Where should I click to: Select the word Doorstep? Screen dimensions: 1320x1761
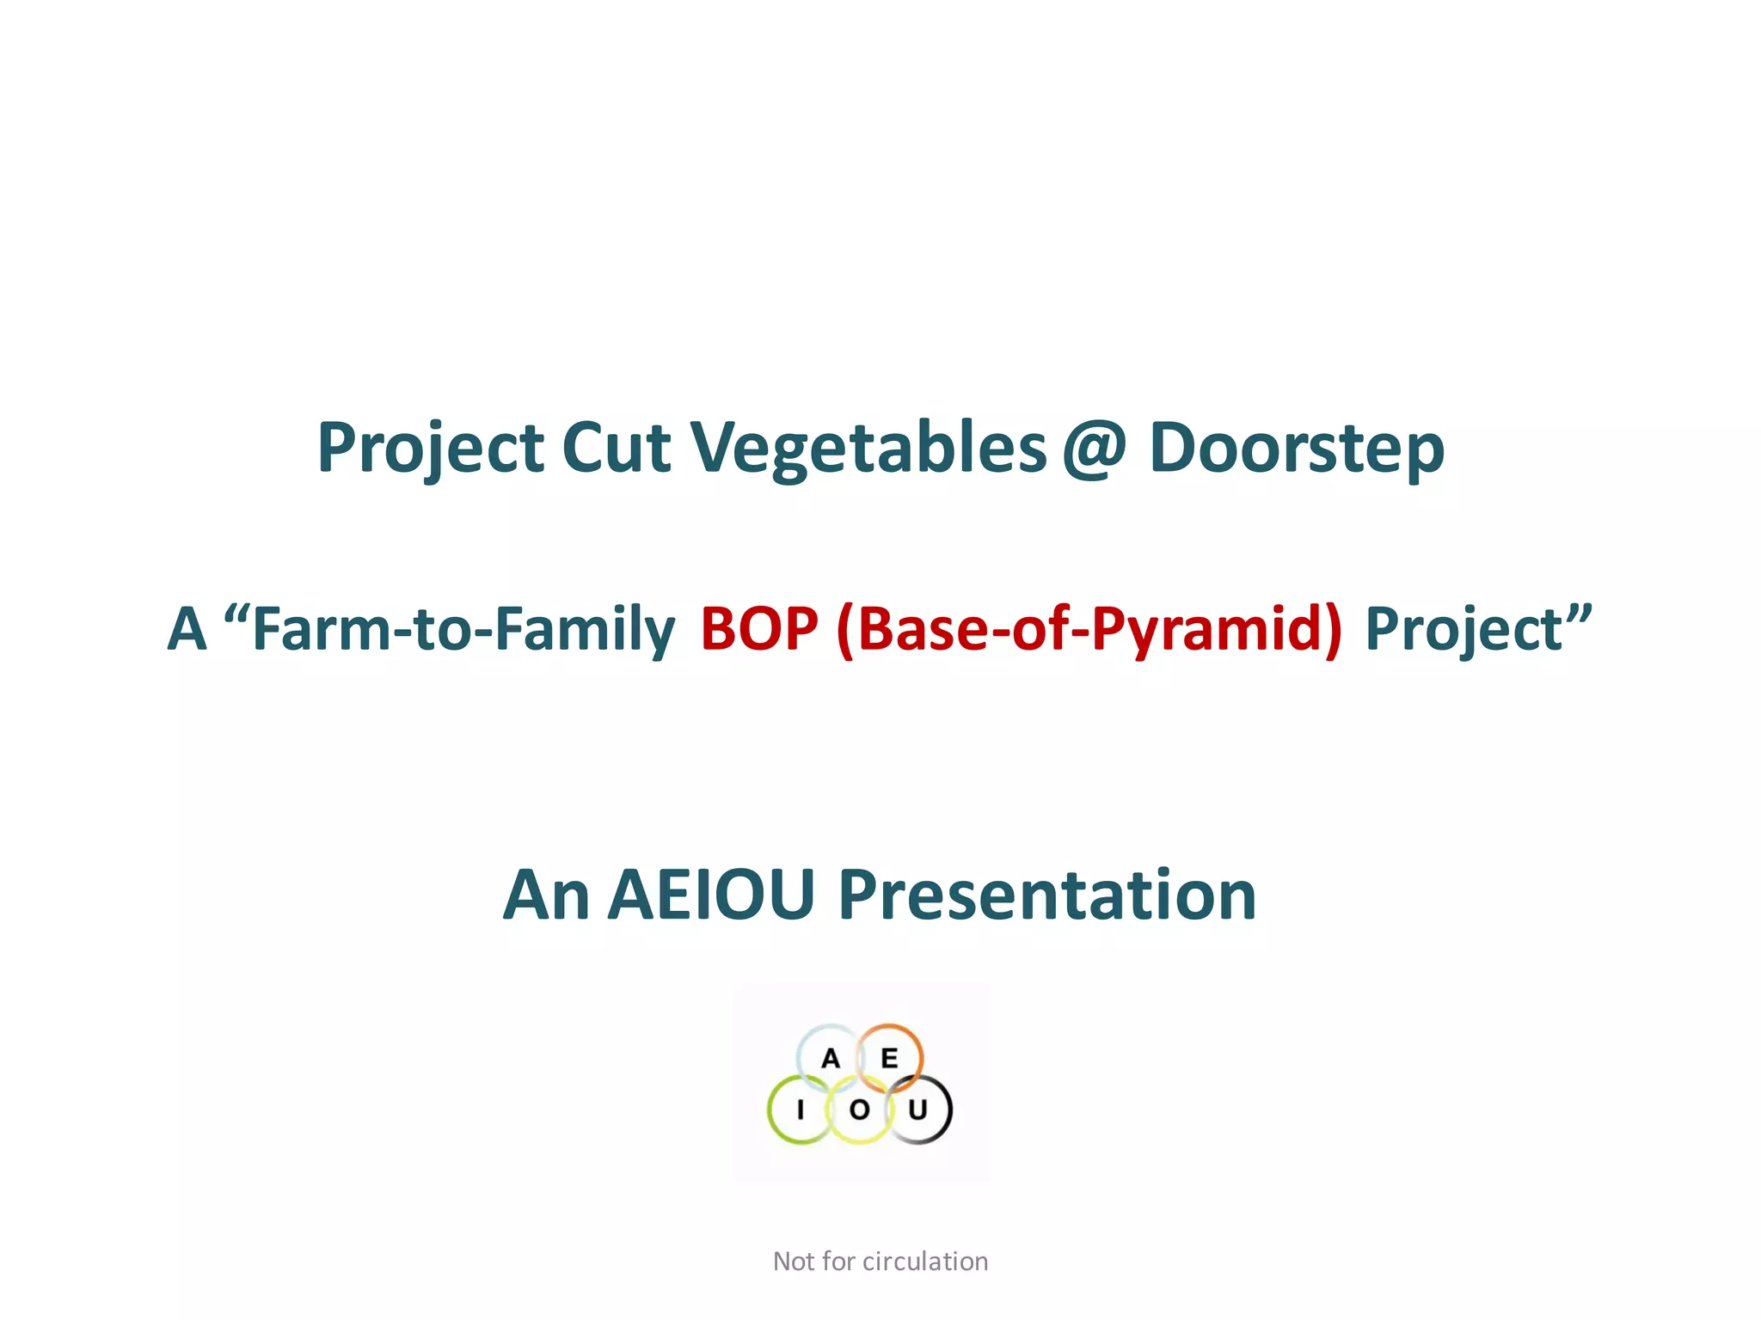1296,449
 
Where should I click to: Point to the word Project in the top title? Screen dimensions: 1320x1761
430,449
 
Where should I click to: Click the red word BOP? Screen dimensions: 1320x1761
758,629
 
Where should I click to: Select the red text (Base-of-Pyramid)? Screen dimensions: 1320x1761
1088,629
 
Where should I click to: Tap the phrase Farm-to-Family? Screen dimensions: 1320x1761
463,629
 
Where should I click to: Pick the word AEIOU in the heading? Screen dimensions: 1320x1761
711,895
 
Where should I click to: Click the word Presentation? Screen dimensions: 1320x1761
1046,895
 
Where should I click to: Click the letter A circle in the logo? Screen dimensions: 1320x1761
830,1058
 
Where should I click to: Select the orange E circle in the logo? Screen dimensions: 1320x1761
889,1058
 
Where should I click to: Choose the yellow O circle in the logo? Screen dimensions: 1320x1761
859,1110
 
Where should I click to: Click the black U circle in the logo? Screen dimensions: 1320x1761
918,1110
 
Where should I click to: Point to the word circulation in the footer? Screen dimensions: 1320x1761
924,1262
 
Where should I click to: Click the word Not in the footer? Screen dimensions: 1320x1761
793,1262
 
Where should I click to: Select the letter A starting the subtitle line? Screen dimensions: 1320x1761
187,629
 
